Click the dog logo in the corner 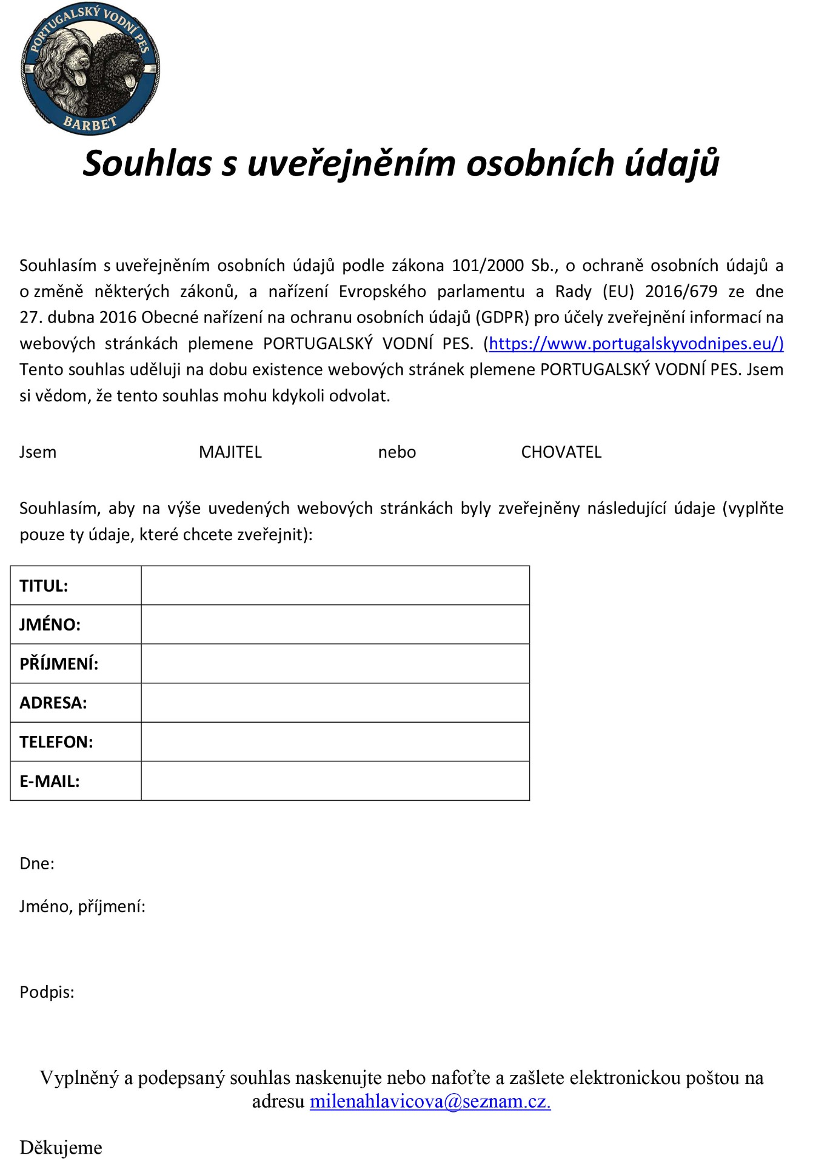(x=90, y=68)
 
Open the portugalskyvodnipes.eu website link (x=635, y=344)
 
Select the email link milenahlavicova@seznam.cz (x=430, y=1101)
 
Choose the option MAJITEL (x=230, y=452)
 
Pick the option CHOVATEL (x=561, y=452)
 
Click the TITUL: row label (x=44, y=586)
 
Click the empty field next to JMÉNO (x=335, y=624)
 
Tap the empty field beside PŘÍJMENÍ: (x=335, y=664)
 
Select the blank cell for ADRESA (x=335, y=703)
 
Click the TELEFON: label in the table (x=56, y=742)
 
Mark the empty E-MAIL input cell (x=335, y=781)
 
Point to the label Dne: (x=37, y=864)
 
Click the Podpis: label (x=47, y=992)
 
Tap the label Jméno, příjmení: (x=82, y=907)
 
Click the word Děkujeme (x=61, y=1148)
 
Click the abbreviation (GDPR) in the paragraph (x=503, y=318)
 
